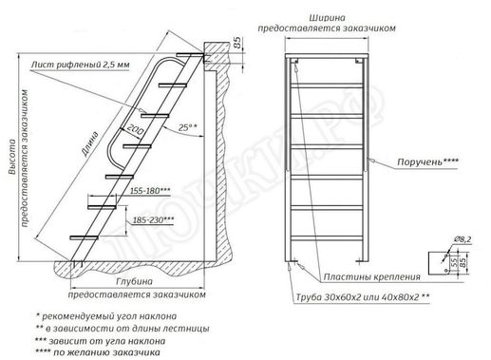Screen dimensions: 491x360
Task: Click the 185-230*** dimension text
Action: click(153, 219)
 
